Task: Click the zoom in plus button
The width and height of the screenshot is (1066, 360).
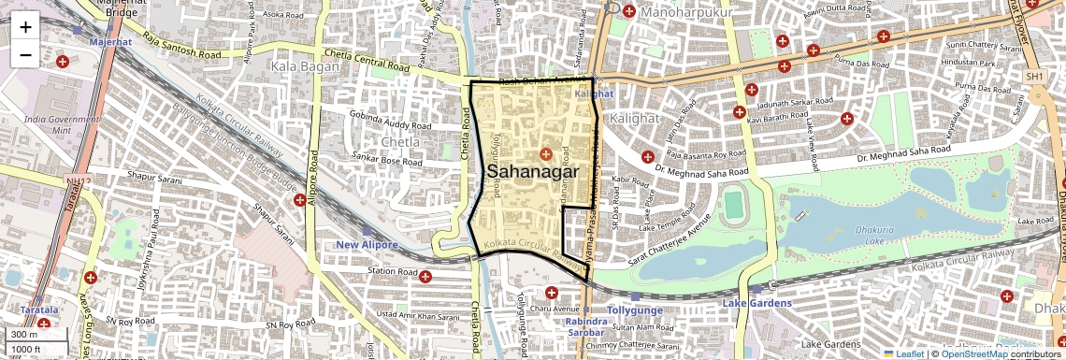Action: (x=25, y=26)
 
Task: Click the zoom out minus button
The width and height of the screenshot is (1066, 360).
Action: (x=25, y=54)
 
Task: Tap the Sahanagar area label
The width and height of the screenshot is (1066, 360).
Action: (x=533, y=172)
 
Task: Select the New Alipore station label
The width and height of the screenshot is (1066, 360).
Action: (x=367, y=245)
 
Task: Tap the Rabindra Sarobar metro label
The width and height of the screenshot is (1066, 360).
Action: (x=585, y=326)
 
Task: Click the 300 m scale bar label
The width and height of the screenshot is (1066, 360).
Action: (x=25, y=335)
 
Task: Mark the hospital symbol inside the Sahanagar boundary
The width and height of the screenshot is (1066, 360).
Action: (x=546, y=153)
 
